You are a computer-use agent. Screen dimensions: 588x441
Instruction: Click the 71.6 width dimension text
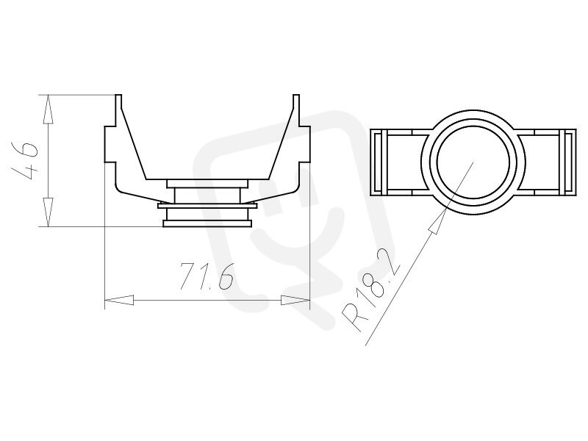pos(207,276)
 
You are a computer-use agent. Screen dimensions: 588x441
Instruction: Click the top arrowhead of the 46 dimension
pos(48,109)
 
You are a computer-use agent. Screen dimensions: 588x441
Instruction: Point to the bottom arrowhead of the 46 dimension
pos(48,212)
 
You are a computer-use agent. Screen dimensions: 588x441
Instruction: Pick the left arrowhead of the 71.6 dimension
pos(119,300)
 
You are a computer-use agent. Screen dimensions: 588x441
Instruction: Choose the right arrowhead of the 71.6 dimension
pos(295,300)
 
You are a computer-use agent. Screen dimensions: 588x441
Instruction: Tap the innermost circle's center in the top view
pos(473,162)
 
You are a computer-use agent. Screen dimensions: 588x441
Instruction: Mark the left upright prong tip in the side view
pos(118,96)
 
